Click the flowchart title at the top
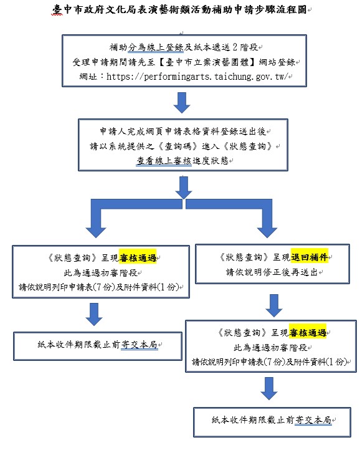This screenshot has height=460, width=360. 179,10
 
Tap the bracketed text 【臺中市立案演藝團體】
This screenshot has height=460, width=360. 207,62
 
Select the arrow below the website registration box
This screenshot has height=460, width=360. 182,103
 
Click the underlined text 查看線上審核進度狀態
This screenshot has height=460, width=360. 182,161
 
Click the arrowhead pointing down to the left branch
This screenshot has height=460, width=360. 96,232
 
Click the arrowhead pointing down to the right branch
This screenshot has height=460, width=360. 267,232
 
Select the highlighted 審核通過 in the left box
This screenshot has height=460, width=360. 138,258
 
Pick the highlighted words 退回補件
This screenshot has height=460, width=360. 310,257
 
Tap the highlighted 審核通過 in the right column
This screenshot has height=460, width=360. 308,333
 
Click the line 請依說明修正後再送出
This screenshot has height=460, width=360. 272,272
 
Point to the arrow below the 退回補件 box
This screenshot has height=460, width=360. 274,305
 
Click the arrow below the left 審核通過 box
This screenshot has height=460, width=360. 94,315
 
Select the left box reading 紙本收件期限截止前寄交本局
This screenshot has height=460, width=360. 98,346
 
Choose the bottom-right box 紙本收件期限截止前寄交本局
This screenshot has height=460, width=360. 272,422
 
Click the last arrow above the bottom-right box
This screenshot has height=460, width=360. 269,389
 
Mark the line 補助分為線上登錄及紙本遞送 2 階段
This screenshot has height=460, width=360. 184,47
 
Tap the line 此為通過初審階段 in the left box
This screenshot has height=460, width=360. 100,273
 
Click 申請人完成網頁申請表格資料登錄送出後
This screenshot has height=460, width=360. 183,131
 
